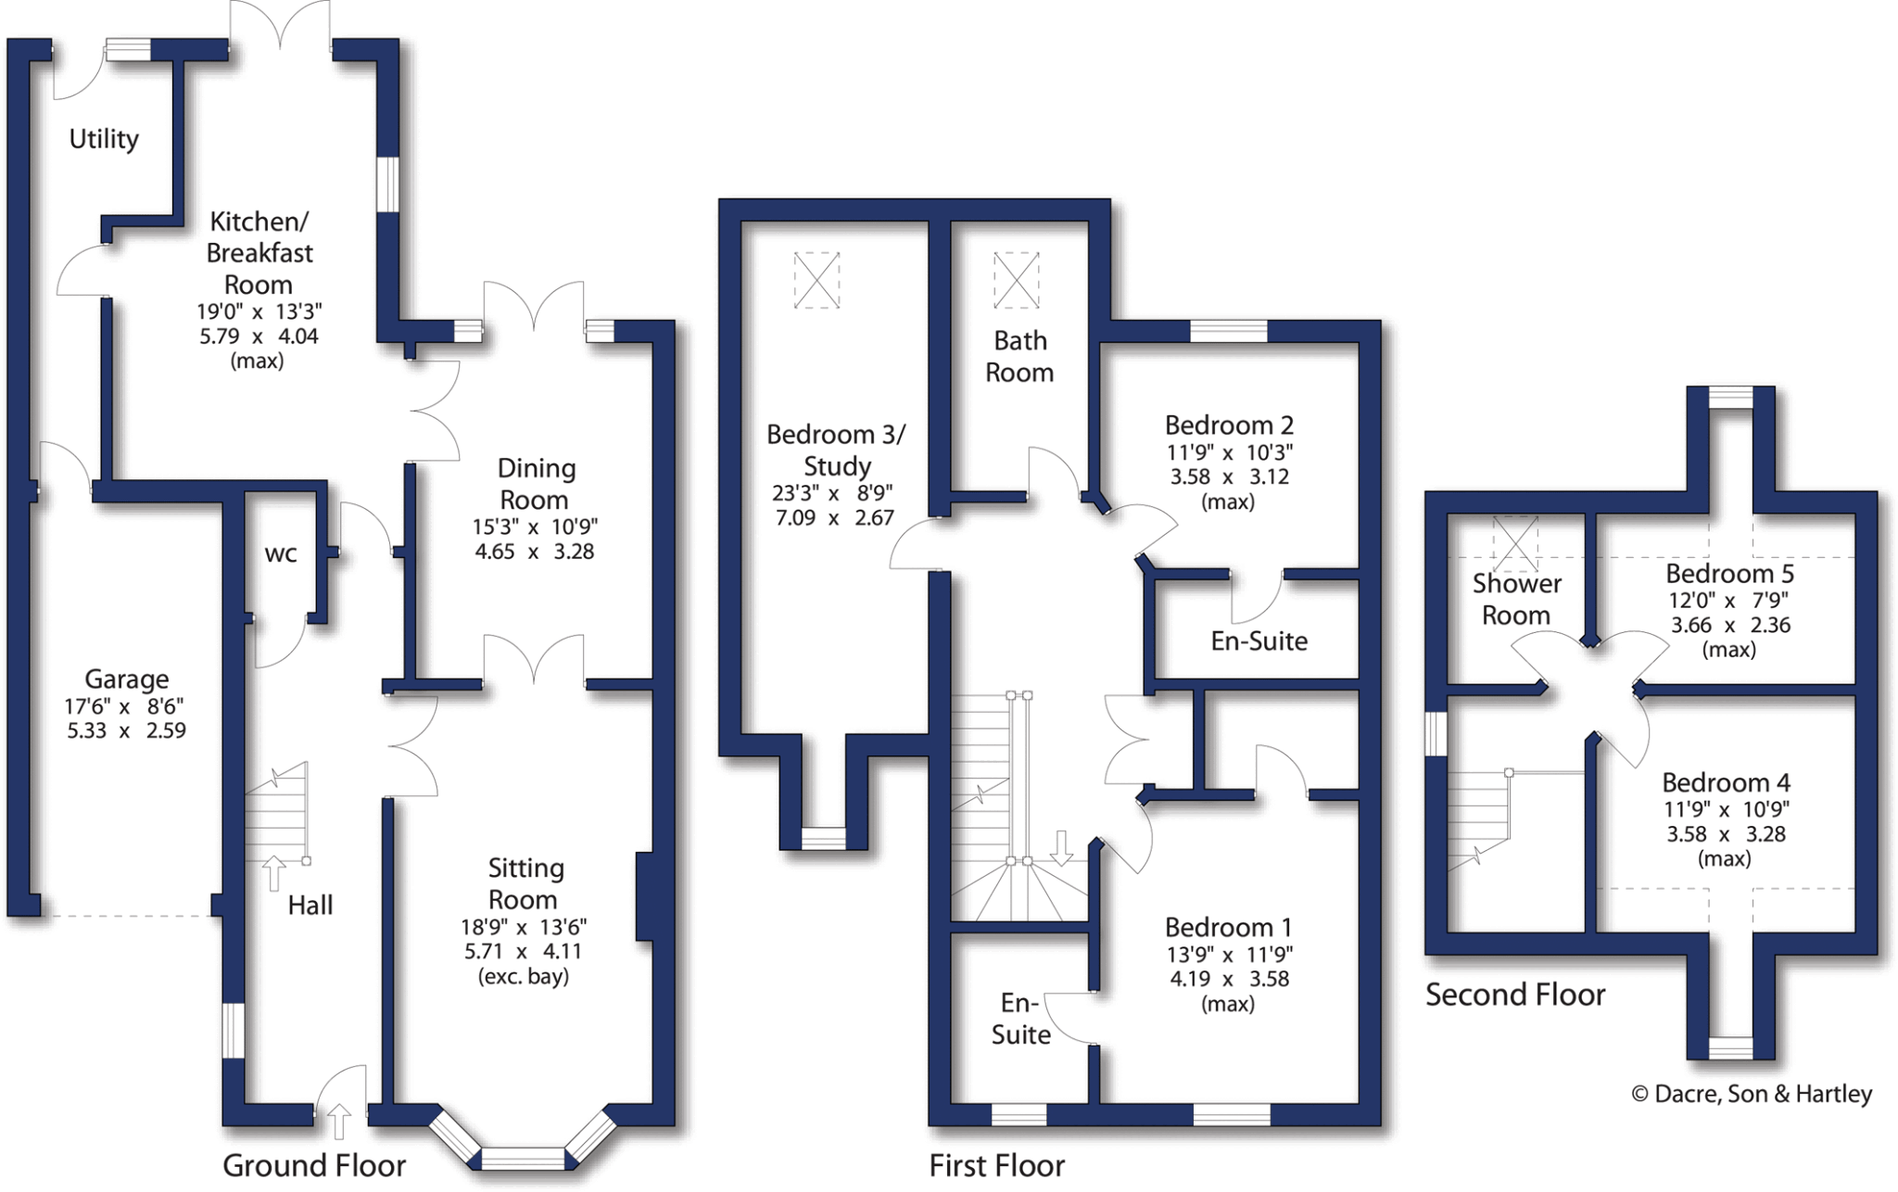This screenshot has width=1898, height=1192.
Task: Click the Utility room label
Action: click(104, 139)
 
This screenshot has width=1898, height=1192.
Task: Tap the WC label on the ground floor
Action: click(281, 554)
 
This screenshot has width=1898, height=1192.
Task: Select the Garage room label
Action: click(127, 679)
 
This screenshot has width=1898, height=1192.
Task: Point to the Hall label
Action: click(310, 906)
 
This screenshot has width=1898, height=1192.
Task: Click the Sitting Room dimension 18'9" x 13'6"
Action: click(524, 927)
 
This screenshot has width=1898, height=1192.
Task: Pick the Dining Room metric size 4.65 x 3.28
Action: click(535, 552)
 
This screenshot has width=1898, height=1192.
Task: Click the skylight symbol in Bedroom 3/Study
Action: click(816, 280)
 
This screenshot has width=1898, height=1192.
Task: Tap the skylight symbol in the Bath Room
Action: click(1016, 280)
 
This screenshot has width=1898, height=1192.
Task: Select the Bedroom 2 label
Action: click(1229, 425)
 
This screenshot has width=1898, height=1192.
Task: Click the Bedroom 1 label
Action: click(1228, 927)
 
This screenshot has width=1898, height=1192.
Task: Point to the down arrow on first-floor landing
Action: click(1061, 847)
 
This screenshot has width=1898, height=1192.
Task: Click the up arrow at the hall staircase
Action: click(273, 873)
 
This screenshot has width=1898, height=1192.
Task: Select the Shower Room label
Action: click(1516, 600)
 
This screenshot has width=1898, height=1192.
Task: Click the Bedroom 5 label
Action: click(1729, 574)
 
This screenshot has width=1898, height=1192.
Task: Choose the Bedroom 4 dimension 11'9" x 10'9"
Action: click(1726, 809)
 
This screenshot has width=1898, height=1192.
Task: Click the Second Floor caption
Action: click(1514, 995)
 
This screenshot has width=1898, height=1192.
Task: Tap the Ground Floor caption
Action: click(314, 1165)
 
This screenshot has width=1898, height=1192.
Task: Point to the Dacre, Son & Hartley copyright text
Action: click(1752, 1095)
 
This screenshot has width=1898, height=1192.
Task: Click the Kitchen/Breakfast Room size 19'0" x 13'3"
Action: click(259, 311)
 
